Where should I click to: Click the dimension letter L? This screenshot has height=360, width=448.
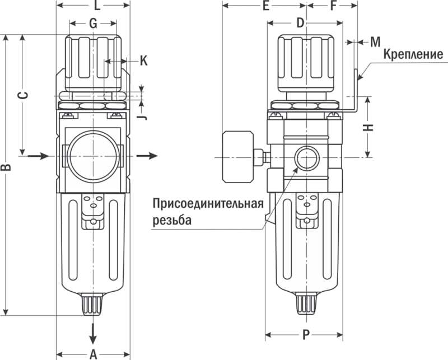pos(96,7)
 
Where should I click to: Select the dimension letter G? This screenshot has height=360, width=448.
pos(93,24)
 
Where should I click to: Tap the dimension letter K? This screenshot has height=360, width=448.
pos(143,60)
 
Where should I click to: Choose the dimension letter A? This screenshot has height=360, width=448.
pos(94,353)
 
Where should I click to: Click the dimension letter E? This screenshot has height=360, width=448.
pos(266,7)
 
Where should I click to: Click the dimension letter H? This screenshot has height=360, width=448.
pos(368,127)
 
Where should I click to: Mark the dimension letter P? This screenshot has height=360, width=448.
pos(305,335)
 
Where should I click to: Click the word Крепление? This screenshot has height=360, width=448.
pos(413,55)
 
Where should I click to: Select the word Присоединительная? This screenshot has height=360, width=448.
pos(208,203)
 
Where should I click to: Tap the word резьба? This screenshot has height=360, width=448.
pos(172,220)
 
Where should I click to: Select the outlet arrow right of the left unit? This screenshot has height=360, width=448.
pos(148,155)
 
